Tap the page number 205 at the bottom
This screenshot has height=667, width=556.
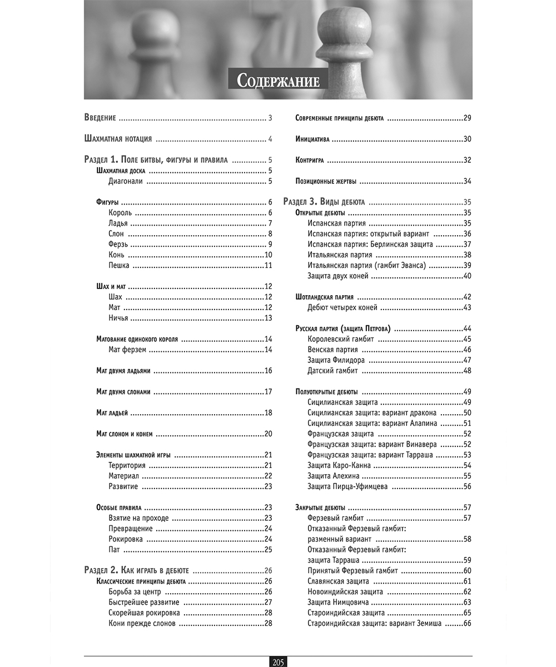point(278,661)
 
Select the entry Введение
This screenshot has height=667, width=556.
point(100,118)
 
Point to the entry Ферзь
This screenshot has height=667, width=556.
point(118,244)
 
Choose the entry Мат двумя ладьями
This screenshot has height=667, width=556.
point(123,370)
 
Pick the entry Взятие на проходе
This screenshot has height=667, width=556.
point(138,518)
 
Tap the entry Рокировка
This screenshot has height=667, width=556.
point(126,539)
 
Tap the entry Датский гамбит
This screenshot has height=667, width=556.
point(332,371)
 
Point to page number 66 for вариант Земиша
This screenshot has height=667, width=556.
point(466,624)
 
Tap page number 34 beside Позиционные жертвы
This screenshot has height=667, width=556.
point(467,181)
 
